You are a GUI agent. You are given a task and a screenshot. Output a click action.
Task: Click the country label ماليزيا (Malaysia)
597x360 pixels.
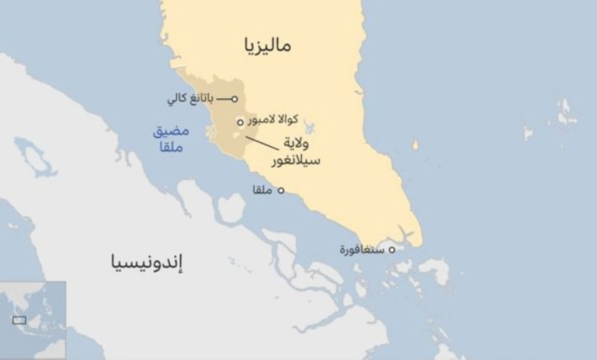[268, 45]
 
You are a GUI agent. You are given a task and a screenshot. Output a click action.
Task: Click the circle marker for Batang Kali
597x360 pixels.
[234, 99]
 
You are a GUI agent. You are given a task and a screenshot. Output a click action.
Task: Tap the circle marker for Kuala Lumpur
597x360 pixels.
[240, 122]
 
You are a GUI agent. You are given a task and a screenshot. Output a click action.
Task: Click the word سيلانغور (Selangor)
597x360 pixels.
[295, 161]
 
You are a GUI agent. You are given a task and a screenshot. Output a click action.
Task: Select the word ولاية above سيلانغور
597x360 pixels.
[301, 143]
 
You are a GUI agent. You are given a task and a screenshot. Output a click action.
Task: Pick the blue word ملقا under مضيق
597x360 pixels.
[171, 147]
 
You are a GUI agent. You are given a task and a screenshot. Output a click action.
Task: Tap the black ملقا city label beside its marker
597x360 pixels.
[263, 190]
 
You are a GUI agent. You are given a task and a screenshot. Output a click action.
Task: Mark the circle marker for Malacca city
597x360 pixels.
[281, 191]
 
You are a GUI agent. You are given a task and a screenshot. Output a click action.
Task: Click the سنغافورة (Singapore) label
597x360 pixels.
[362, 250]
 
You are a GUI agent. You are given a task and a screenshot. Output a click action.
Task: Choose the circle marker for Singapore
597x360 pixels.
[392, 250]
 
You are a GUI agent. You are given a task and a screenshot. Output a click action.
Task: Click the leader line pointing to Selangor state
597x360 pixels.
[261, 142]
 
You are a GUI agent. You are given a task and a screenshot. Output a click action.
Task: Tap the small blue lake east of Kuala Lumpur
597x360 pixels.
[309, 126]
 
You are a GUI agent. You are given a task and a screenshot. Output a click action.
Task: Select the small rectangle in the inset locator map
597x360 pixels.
[19, 320]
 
